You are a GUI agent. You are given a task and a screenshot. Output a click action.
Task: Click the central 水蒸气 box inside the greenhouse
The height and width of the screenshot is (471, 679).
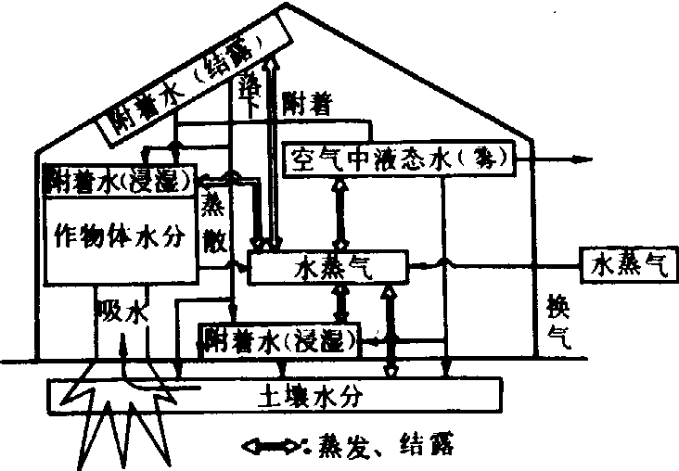click(329, 266)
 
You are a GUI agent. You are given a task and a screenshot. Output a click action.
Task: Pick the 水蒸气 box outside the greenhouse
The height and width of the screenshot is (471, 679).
click(628, 265)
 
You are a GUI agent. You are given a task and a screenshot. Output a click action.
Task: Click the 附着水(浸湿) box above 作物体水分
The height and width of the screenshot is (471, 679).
click(121, 179)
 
